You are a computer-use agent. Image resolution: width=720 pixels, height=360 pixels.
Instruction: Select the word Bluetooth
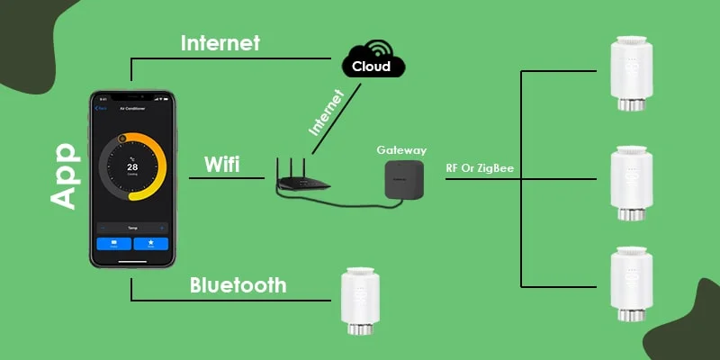click(238, 285)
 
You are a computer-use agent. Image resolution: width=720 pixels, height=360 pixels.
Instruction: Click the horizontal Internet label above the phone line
click(220, 42)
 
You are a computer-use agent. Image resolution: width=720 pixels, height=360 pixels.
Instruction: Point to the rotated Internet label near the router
click(326, 112)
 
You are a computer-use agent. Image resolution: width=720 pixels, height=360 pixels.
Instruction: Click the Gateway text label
click(401, 150)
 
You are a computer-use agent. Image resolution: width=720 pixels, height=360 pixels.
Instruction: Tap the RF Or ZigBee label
click(481, 167)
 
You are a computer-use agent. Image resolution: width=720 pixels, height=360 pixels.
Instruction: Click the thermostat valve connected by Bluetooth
click(357, 301)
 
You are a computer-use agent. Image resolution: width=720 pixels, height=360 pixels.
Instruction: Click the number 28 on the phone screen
click(131, 167)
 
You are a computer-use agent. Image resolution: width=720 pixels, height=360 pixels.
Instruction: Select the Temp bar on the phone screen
click(131, 228)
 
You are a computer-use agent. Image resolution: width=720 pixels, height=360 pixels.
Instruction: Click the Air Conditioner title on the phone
click(132, 108)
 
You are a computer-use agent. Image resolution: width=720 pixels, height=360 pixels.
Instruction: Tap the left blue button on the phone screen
click(113, 244)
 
